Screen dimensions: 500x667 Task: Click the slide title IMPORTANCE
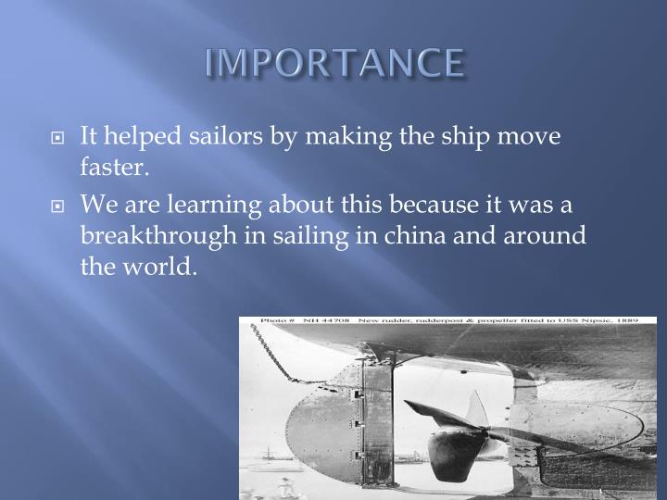pyautogui.click(x=333, y=63)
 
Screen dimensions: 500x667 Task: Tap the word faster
pyautogui.click(x=113, y=169)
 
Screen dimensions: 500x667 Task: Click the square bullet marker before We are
pyautogui.click(x=57, y=206)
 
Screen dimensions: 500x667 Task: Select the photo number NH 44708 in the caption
pyautogui.click(x=320, y=321)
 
